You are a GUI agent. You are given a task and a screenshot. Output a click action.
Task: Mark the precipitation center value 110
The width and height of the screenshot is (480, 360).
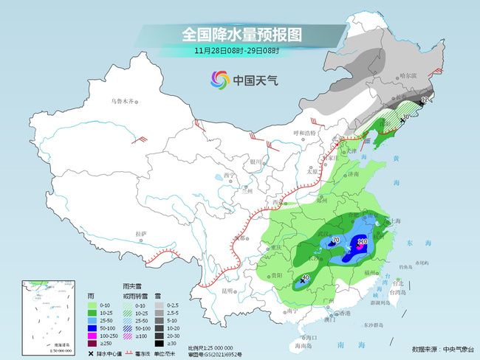[x=363, y=241]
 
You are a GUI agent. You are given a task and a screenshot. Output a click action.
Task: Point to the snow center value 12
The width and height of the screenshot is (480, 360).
[x=424, y=99]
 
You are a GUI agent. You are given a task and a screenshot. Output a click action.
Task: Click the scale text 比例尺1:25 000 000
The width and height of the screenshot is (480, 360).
[x=210, y=347]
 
